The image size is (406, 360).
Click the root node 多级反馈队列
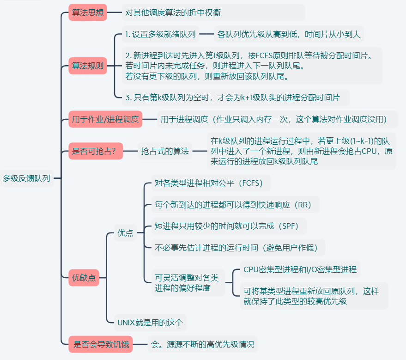point(26,178)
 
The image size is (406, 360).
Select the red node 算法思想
point(87,12)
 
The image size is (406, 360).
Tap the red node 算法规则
point(87,66)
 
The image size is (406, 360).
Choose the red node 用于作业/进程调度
point(105,119)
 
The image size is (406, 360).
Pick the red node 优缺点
point(84,278)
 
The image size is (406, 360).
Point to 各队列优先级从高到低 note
point(289,34)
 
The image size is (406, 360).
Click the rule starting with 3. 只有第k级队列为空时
point(232,98)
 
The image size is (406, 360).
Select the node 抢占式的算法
point(165,151)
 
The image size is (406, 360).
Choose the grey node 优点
point(125,233)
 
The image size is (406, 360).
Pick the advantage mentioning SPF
point(224,226)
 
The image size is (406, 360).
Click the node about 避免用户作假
point(236,247)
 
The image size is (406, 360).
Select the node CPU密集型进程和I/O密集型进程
point(300,269)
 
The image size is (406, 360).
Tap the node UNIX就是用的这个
point(150,322)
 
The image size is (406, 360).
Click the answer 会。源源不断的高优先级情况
point(202,344)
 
